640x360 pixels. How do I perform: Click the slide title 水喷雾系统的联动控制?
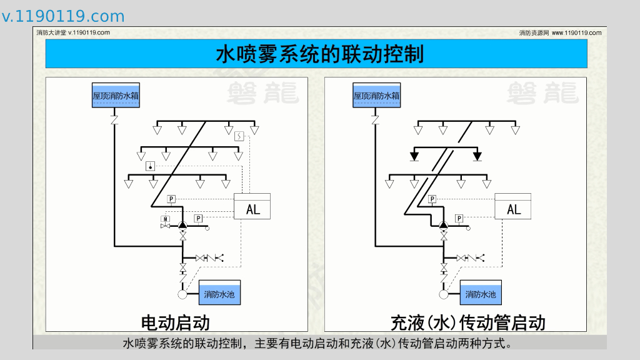coord(319,54)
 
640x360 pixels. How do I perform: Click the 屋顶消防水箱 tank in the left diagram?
coord(116,96)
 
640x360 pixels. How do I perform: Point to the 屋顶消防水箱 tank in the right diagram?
coord(376,96)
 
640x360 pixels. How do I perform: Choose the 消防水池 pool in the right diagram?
coord(481,292)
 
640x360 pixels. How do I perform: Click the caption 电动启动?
coord(176,322)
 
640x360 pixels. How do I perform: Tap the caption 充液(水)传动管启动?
coord(467,322)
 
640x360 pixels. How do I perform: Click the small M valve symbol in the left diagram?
coord(166,220)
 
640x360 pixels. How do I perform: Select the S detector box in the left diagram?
coord(239,135)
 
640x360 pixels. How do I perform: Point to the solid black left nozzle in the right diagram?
coord(414,155)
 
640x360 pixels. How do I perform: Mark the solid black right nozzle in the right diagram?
coord(477,155)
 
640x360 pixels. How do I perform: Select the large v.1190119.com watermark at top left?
coord(63,16)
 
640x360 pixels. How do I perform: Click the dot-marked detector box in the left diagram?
coord(151,166)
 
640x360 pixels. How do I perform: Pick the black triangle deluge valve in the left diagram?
coord(182,225)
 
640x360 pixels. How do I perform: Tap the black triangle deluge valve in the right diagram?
coord(443,225)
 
